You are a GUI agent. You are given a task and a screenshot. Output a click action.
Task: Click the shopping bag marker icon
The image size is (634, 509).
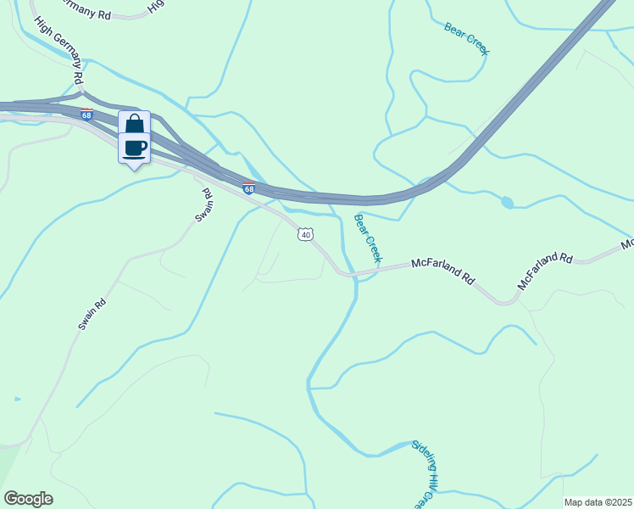coord(135,123)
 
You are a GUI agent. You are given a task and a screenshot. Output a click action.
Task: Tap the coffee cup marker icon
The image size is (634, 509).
coord(135,148)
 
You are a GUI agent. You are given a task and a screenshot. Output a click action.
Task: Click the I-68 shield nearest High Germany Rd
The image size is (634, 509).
coord(87,113)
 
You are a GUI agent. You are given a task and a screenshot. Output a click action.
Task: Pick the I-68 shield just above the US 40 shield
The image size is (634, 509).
coord(248,188)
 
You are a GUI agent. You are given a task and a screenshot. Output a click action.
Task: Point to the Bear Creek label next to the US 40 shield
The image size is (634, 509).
coord(369,238)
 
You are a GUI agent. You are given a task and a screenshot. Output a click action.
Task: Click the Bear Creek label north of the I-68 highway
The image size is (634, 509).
coord(467,39)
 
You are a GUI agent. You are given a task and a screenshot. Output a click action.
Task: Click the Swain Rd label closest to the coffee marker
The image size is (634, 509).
coord(203,205)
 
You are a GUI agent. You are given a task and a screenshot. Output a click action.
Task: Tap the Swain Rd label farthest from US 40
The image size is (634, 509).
coord(92,314)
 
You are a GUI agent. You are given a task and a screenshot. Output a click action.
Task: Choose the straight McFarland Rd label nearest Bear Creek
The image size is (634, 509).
coord(443,270)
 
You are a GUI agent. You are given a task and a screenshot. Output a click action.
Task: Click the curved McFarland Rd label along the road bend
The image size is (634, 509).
coord(545,268)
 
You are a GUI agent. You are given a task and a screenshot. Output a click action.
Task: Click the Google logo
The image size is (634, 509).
coord(28,499)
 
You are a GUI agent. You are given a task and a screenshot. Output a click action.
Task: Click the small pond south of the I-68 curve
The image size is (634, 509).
coord(507,203)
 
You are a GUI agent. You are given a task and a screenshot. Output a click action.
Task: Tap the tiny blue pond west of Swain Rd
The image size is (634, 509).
coord(17,398)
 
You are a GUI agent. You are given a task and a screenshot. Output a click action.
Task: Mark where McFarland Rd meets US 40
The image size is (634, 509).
coord(341,273)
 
